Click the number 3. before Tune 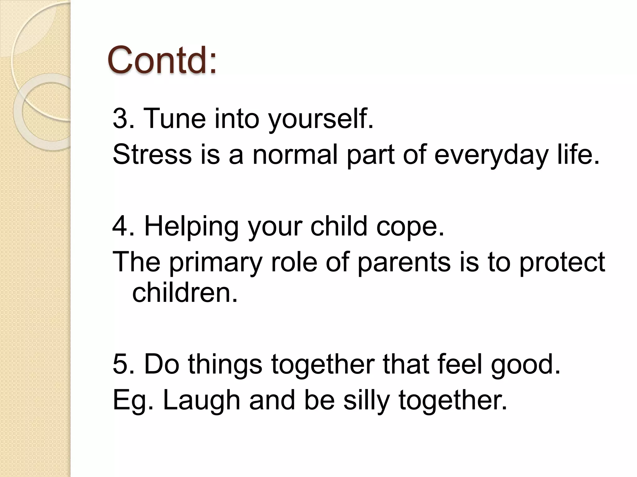(123, 118)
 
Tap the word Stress (152, 154)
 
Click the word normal (295, 154)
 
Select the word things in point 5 (225, 365)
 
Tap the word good (525, 365)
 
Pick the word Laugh (201, 401)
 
